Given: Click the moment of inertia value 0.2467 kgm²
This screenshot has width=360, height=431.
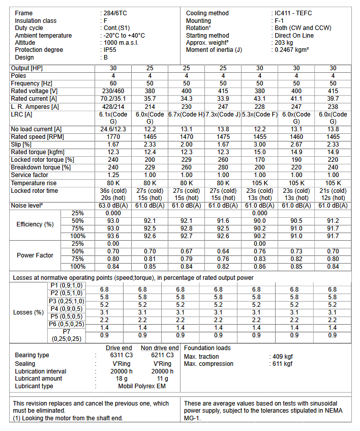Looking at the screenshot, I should point(292,50).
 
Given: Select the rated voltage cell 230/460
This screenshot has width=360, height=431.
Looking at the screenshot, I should point(113,91).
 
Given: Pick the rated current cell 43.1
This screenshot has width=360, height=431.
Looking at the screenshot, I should point(260,98).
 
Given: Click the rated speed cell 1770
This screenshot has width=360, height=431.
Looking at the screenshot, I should point(113,137).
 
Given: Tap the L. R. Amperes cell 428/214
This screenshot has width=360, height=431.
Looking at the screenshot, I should point(113,106).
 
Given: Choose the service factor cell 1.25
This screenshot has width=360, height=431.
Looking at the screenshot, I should point(113,175).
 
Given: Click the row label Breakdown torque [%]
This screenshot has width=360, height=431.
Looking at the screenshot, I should point(41,167).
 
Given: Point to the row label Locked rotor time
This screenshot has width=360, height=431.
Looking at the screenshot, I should point(35,191).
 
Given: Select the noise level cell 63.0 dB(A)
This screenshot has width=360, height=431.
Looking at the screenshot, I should point(113,206).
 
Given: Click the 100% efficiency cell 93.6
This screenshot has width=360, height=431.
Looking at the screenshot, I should point(113,236).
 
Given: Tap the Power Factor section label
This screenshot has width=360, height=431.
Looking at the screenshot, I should point(35,255).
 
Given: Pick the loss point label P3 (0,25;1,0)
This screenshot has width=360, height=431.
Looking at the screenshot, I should point(66,301).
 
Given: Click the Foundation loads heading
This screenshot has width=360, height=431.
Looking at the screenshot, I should point(207,348).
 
